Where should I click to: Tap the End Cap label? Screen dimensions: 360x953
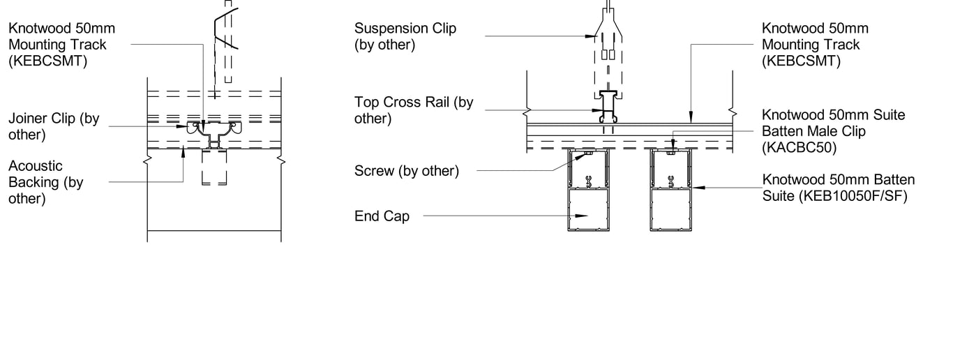coord(382,216)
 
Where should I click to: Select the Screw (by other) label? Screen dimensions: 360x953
coord(406,170)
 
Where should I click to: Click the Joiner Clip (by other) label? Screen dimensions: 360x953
coord(53,126)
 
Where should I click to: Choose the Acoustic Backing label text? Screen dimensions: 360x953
coord(45,182)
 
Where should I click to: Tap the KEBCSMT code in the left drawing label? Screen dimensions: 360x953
coord(47,61)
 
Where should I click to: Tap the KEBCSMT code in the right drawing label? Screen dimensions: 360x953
coord(801,61)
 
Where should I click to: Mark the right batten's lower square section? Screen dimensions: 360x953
coord(670,209)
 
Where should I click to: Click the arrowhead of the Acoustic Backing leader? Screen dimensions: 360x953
coord(183,151)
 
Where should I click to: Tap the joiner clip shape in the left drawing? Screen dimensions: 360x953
coord(213,130)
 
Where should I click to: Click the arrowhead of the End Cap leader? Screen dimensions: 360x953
coord(585,216)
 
